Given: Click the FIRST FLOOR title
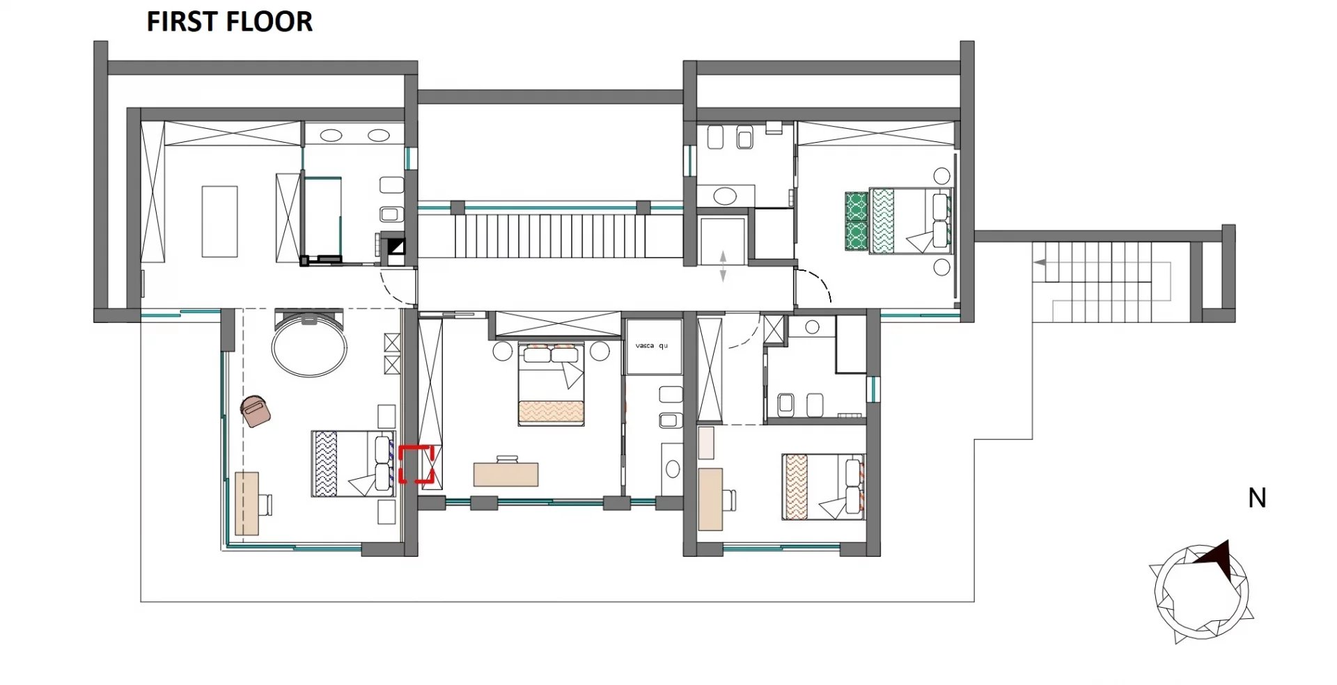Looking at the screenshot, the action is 229,22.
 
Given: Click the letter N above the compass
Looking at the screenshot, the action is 1257,498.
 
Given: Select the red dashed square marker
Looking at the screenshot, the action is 416,464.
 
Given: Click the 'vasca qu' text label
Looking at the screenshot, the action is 651,345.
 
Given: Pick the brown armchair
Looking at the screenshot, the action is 255,411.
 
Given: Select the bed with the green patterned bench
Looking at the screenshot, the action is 898,221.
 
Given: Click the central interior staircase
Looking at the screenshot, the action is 549,236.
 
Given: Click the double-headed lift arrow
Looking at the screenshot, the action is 723,266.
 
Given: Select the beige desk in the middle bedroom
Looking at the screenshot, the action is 506,473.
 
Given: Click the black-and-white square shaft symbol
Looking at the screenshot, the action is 396,246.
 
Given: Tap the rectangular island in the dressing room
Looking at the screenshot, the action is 219,221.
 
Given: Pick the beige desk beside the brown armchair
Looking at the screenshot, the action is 247,503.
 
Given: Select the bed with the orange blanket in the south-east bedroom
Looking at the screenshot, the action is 823,487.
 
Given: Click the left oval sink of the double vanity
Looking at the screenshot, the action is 331,134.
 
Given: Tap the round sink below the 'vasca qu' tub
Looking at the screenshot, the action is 673,469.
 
